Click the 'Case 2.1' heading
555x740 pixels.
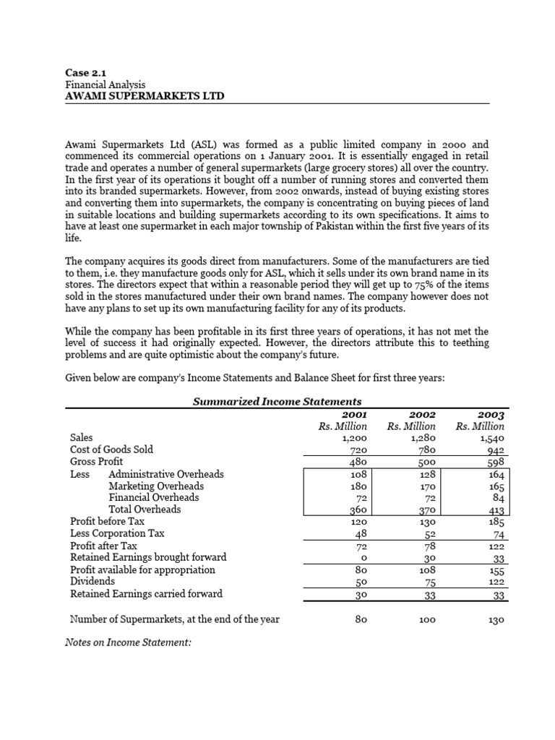[85, 72]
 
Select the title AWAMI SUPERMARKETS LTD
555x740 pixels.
[139, 95]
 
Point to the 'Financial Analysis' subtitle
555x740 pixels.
[106, 85]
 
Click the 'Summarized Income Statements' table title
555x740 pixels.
[277, 401]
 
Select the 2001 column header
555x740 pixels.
[355, 415]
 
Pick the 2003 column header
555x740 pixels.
[491, 415]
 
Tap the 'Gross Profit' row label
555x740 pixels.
[96, 461]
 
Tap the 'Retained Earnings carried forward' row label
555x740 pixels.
[146, 593]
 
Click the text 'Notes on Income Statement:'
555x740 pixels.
[128, 640]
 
